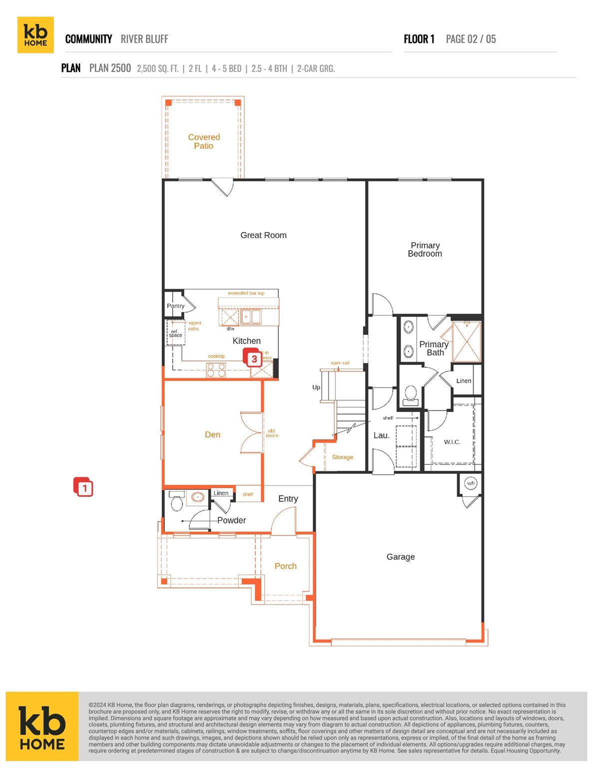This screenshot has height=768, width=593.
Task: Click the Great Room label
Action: pyautogui.click(x=263, y=235)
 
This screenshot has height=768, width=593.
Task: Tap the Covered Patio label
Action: pyautogui.click(x=204, y=141)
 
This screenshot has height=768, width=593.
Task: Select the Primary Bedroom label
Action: pyautogui.click(x=425, y=249)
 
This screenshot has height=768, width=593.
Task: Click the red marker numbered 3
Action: pyautogui.click(x=254, y=358)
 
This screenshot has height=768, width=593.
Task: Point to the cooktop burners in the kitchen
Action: pyautogui.click(x=216, y=370)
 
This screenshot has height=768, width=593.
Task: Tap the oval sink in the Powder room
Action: pyautogui.click(x=198, y=497)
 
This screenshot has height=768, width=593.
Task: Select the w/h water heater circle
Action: pyautogui.click(x=471, y=483)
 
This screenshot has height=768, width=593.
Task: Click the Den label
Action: pyautogui.click(x=212, y=434)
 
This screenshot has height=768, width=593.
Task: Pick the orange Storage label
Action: pyautogui.click(x=342, y=457)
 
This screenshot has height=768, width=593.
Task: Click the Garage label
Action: pyautogui.click(x=400, y=556)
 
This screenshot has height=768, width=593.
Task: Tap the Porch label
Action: pyautogui.click(x=285, y=566)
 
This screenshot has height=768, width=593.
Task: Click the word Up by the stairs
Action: pyautogui.click(x=316, y=387)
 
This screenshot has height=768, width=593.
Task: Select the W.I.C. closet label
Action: pyautogui.click(x=452, y=442)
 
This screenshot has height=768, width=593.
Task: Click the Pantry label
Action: pyautogui.click(x=175, y=305)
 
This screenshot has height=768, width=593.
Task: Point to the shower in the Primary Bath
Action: pyautogui.click(x=466, y=342)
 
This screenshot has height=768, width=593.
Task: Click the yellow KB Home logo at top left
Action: pyautogui.click(x=35, y=35)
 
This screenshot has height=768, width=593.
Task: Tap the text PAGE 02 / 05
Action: pyautogui.click(x=471, y=39)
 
